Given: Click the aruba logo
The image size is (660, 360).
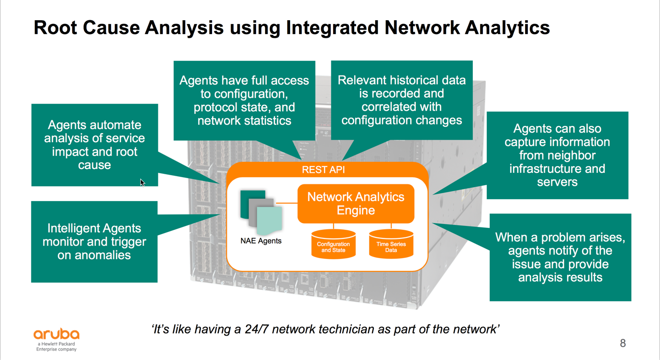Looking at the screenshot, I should coord(56,334).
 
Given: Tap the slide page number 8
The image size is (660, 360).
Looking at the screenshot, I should coord(623,343).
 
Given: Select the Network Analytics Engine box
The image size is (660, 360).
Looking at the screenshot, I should coord(356,203).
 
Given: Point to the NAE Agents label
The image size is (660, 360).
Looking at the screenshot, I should coord(261,241).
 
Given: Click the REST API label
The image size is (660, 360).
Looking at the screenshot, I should coord(323,169).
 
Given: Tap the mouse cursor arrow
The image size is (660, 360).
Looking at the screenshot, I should coord(142,182).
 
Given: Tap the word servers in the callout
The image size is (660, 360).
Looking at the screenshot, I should coord(557,182).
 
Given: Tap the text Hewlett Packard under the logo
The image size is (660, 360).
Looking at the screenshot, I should coord(58,344).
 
